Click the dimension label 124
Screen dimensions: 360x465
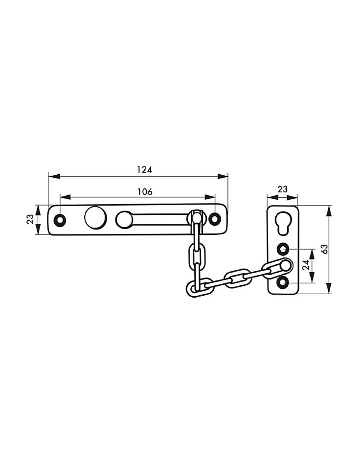tap(144, 170)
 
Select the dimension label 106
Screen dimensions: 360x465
tap(145, 192)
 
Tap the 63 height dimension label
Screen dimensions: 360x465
tap(324, 249)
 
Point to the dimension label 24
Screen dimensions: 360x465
tap(306, 265)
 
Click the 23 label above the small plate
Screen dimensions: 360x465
tap(282, 189)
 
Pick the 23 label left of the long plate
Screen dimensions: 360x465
tap(30, 219)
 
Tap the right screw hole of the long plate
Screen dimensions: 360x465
tap(214, 219)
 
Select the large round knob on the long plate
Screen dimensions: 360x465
tap(95, 218)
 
